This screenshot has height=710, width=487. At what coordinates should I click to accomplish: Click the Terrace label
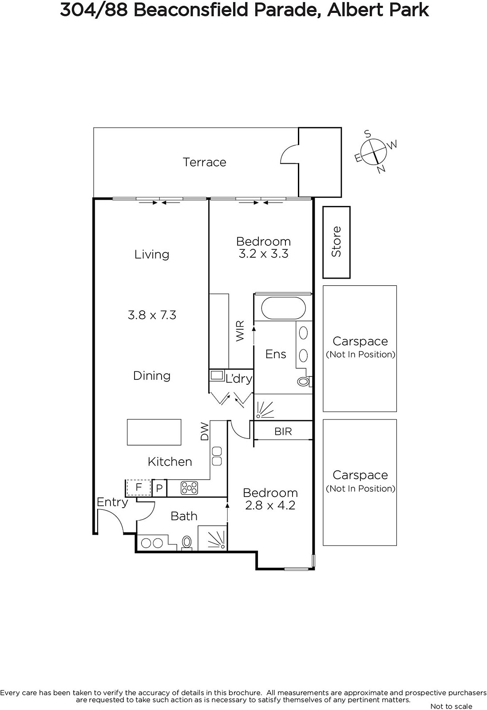(205, 162)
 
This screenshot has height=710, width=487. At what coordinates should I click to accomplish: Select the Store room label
(336, 241)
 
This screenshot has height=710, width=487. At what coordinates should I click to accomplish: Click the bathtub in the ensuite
(283, 308)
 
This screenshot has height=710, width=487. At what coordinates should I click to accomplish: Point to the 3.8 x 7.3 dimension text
(152, 315)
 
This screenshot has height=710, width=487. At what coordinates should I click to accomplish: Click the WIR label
(240, 331)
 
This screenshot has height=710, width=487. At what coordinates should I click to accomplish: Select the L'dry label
(239, 379)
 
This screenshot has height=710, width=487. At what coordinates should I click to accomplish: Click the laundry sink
(217, 375)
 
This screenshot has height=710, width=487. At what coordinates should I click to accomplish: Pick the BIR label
(283, 431)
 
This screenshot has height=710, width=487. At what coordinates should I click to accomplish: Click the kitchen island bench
(154, 432)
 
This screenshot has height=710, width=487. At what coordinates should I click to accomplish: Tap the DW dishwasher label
(205, 431)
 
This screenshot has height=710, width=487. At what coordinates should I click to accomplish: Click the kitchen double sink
(217, 457)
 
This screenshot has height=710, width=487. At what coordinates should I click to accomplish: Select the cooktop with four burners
(189, 488)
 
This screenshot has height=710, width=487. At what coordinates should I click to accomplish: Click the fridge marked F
(139, 488)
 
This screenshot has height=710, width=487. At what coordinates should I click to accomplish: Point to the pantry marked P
(159, 488)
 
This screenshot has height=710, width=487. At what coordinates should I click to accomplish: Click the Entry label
(112, 503)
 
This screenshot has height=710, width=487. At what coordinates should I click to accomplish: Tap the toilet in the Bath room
(187, 543)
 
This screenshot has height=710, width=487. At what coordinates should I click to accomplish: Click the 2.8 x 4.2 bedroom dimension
(270, 505)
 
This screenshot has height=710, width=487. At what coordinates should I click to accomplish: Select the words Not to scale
(451, 706)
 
